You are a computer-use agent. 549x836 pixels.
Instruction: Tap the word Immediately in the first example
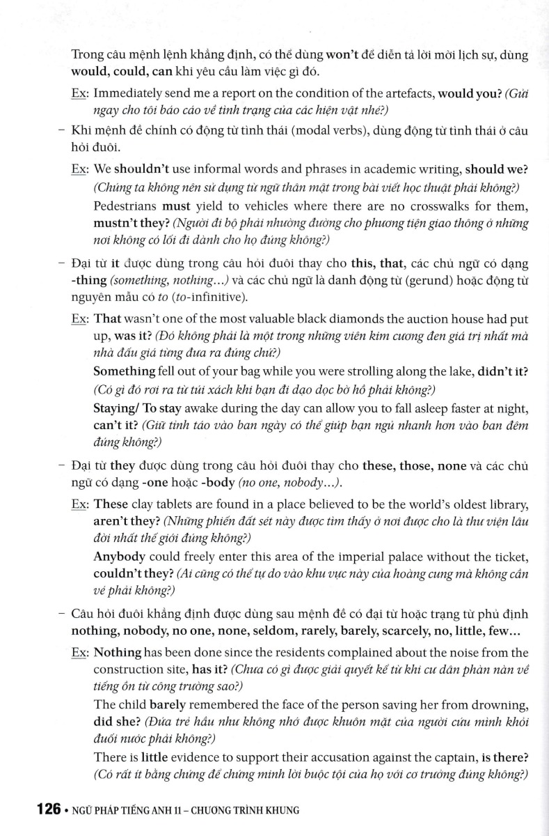click(x=132, y=93)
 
